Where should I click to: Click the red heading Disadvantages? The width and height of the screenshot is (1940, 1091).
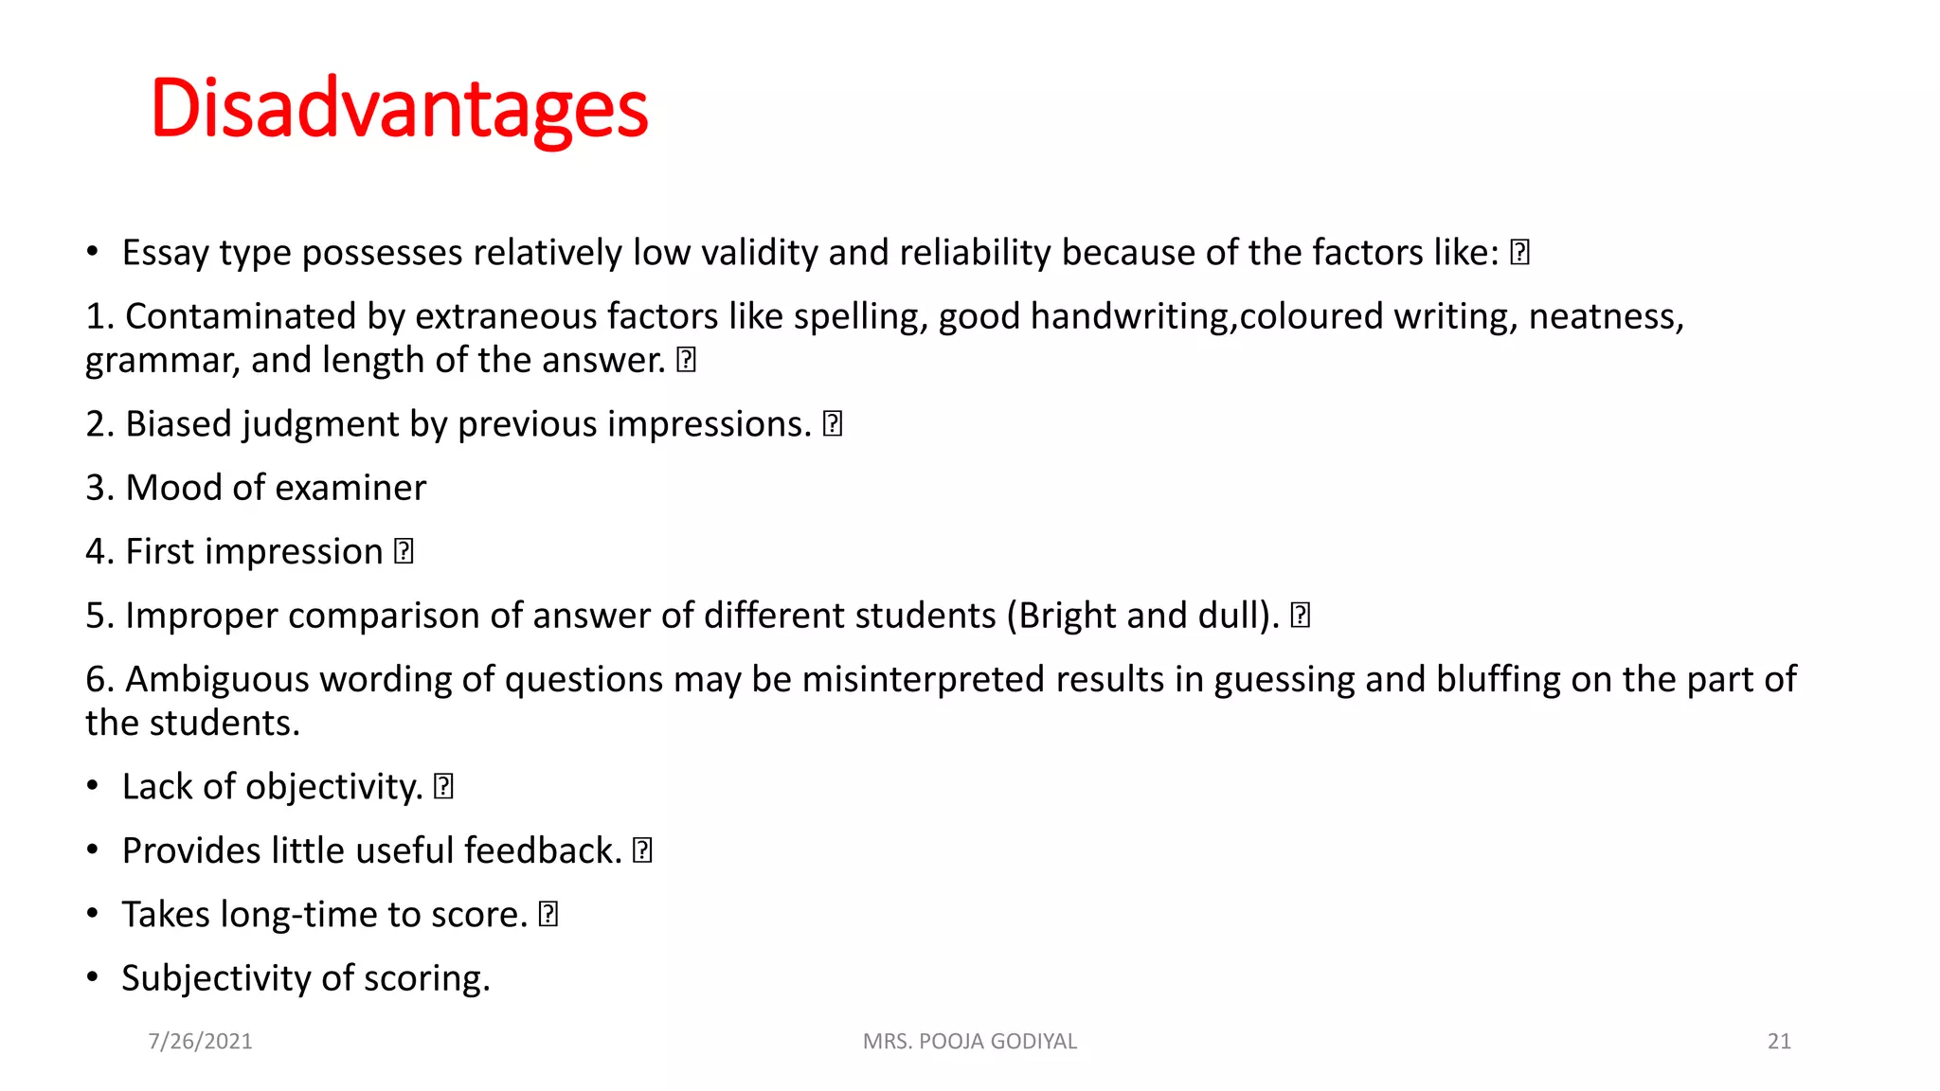[399, 108]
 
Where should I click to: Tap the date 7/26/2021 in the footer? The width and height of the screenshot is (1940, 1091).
[200, 1041]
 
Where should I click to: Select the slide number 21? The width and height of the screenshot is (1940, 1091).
[1779, 1041]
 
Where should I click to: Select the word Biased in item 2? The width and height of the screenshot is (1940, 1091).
[178, 424]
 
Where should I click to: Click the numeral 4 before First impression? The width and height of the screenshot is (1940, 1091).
[96, 551]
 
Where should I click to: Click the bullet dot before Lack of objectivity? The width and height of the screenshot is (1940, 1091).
[92, 786]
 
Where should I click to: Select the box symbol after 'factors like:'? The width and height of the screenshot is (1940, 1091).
[1519, 253]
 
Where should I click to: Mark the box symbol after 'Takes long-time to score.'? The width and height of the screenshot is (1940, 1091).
[548, 915]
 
